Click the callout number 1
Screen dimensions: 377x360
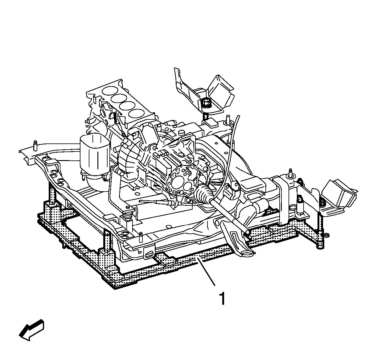click(222, 298)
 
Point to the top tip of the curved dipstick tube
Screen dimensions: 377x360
click(238, 116)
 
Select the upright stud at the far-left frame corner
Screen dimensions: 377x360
click(35, 146)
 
